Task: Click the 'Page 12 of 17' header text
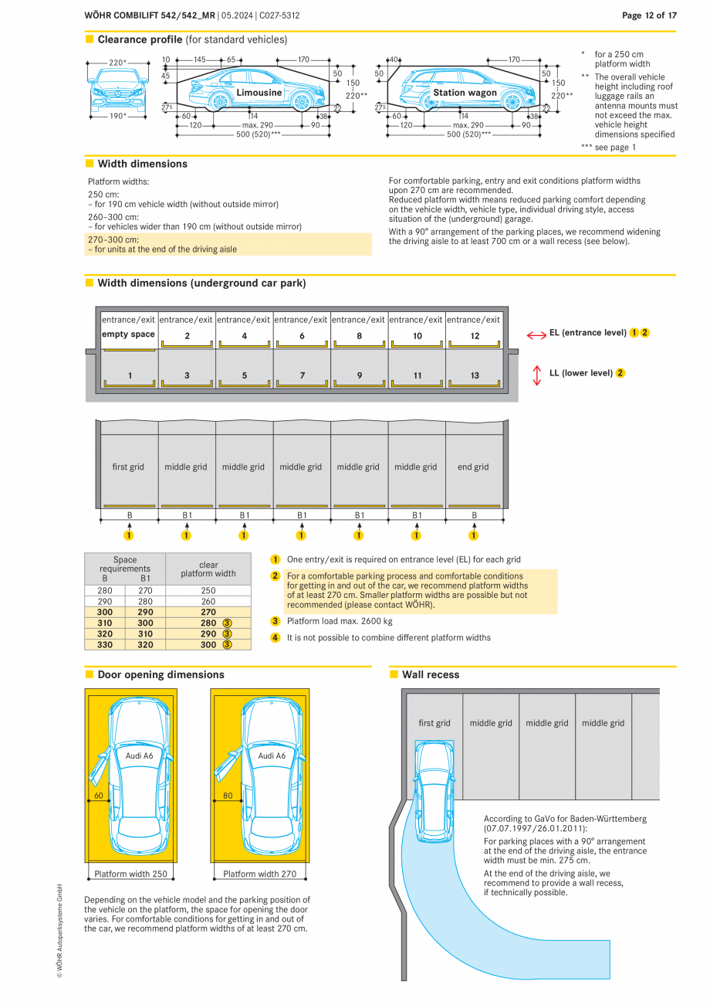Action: [x=649, y=15]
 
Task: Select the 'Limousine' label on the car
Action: [x=259, y=93]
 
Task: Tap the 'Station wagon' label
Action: [x=465, y=93]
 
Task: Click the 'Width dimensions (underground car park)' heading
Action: [x=201, y=284]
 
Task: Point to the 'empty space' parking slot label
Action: [x=128, y=334]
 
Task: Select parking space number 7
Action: [x=302, y=375]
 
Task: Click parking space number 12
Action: [x=475, y=336]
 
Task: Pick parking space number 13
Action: [x=475, y=375]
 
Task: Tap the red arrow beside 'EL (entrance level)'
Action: [x=536, y=334]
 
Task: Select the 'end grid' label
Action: [x=473, y=467]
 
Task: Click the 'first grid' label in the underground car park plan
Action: [x=128, y=467]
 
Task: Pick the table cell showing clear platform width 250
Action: [x=208, y=590]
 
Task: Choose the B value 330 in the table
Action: [x=105, y=644]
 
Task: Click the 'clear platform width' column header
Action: [x=208, y=569]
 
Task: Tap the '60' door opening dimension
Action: [x=99, y=795]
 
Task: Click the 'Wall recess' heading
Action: [x=431, y=675]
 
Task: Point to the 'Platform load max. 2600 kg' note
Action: [x=340, y=620]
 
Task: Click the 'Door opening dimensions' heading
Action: [x=161, y=675]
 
